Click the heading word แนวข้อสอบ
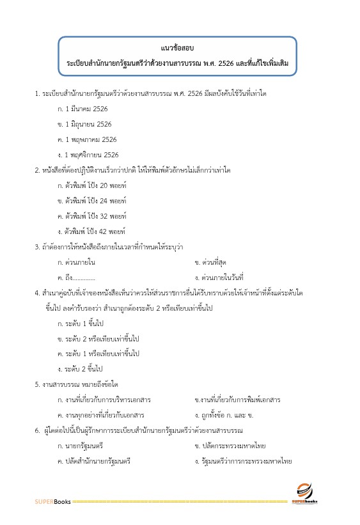tap(178, 48)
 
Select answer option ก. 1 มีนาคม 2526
tap(83, 109)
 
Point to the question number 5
tap(37, 384)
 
